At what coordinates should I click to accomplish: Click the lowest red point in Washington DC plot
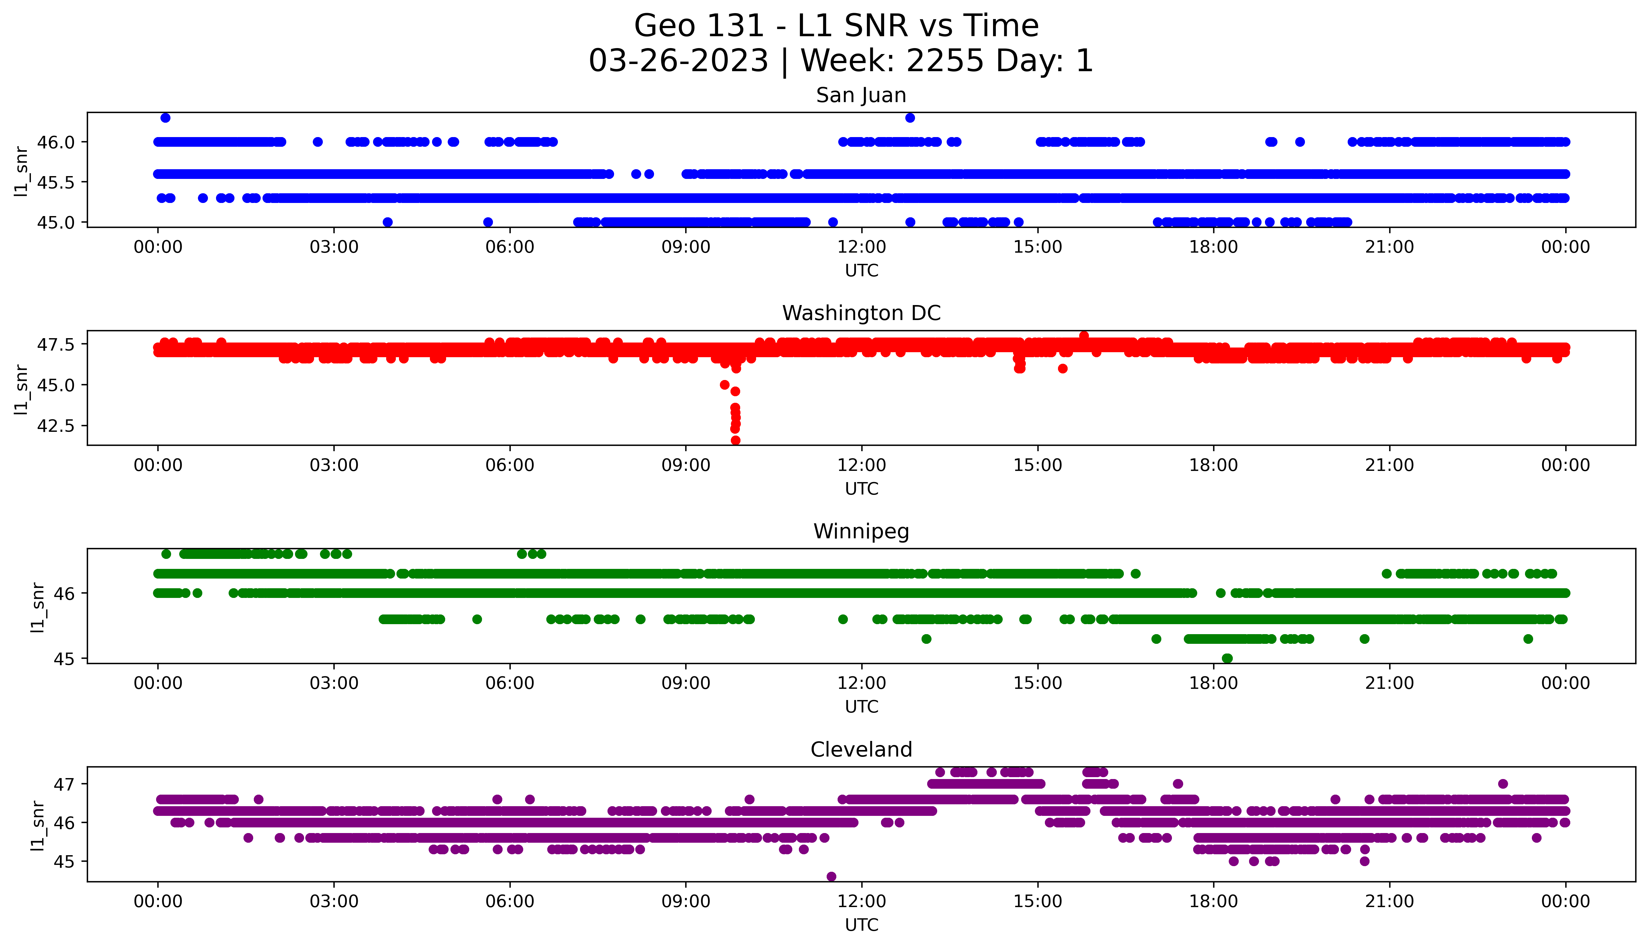pyautogui.click(x=735, y=440)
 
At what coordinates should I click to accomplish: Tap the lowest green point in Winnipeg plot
pyautogui.click(x=1227, y=658)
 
